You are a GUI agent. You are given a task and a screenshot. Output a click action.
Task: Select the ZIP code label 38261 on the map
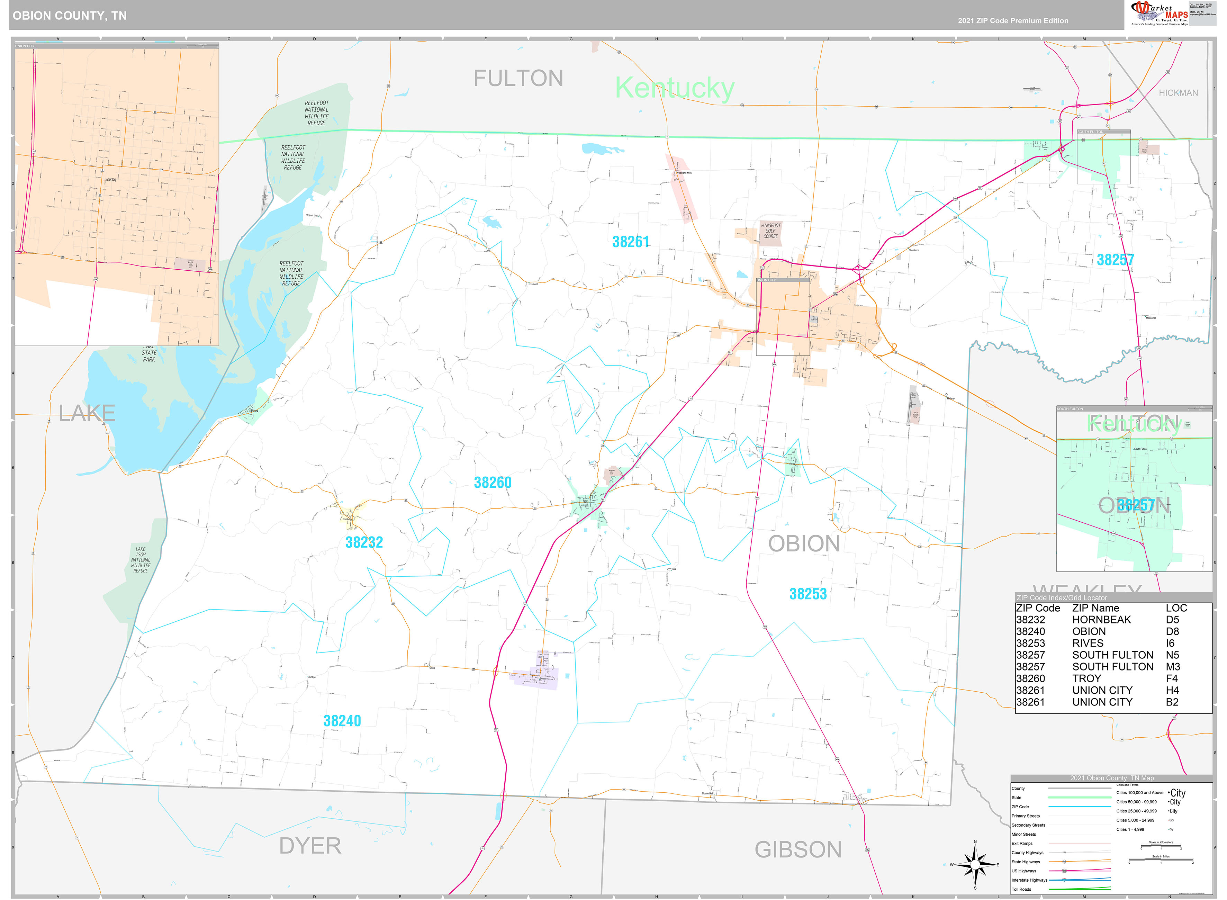(x=631, y=242)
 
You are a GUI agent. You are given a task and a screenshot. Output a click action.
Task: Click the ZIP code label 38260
(x=492, y=483)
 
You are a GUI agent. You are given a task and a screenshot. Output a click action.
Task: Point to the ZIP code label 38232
(x=364, y=543)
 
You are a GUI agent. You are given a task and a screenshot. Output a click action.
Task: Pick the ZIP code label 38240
(x=342, y=721)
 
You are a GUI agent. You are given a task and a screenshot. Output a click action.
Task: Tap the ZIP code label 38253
(x=808, y=594)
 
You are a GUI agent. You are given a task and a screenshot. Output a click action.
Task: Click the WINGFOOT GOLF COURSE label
(x=770, y=231)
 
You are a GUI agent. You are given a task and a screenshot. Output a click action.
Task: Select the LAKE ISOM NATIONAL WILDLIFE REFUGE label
(x=141, y=560)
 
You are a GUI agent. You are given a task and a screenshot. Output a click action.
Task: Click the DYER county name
(x=310, y=846)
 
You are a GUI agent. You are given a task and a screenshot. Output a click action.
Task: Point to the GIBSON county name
(x=798, y=850)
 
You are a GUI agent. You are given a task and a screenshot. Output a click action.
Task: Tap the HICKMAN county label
(x=1178, y=93)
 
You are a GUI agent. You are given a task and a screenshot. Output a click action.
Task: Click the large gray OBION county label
(x=804, y=544)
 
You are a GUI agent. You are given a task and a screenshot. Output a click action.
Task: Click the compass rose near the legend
(x=975, y=865)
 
